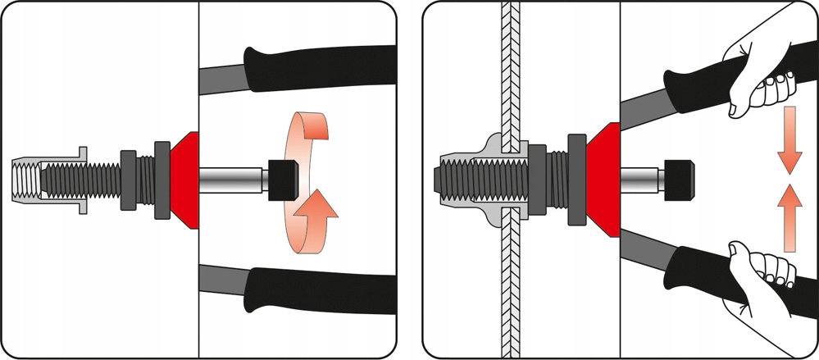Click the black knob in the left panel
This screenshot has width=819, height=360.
tap(281, 176)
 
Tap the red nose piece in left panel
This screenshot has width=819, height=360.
tap(186, 179)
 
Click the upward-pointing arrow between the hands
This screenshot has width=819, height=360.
tap(789, 217)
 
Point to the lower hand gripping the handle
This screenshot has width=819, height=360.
tap(758, 283)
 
